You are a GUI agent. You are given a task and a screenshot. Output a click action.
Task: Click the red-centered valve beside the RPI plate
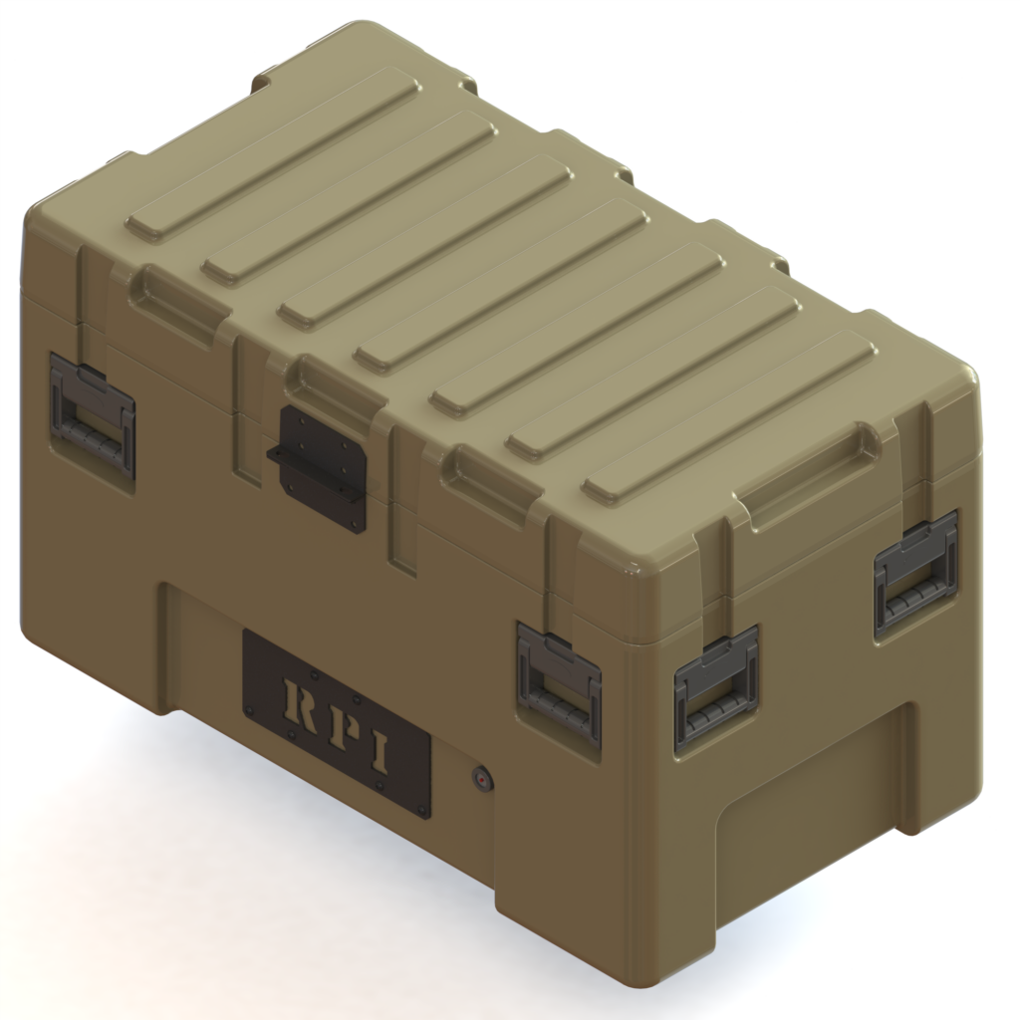click(482, 777)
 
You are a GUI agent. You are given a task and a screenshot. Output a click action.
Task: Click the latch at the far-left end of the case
click(92, 414)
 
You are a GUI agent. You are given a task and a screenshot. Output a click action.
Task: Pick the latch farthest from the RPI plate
click(915, 574)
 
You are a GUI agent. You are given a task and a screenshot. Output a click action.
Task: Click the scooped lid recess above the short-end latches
click(807, 478)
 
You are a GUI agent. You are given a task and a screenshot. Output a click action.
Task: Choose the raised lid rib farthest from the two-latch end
click(273, 154)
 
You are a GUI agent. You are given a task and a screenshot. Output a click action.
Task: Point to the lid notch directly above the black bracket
click(335, 383)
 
